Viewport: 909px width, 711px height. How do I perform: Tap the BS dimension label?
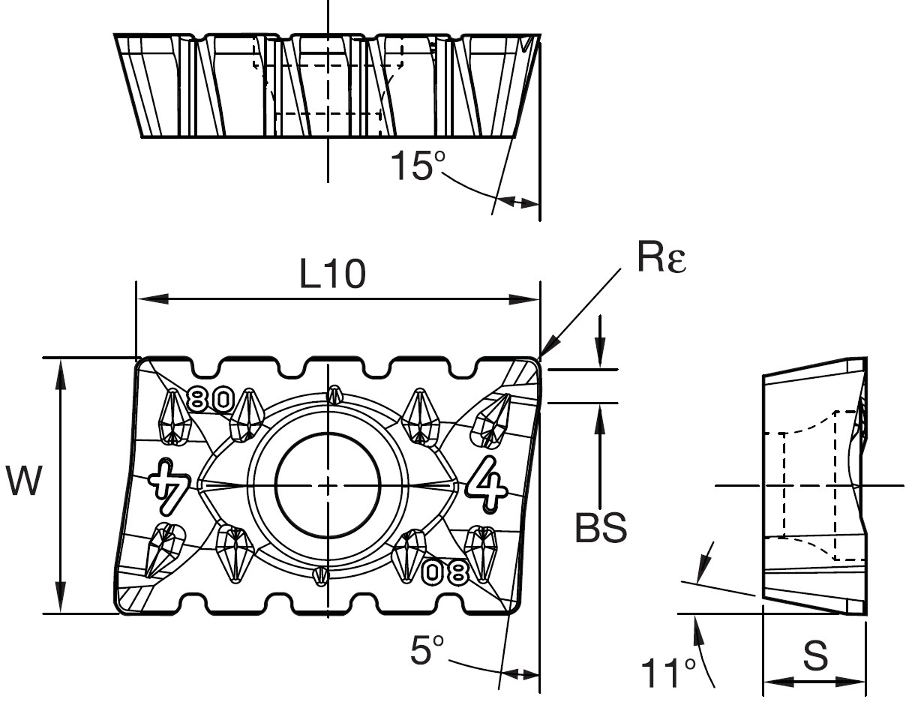pyautogui.click(x=600, y=528)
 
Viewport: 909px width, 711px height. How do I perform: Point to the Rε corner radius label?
pyautogui.click(x=661, y=259)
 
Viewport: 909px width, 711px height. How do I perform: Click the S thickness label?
pyautogui.click(x=815, y=657)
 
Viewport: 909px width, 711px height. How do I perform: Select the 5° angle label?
pyautogui.click(x=428, y=650)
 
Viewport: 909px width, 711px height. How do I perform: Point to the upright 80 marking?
pyautogui.click(x=210, y=399)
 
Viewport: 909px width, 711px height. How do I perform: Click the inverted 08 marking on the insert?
pyautogui.click(x=445, y=572)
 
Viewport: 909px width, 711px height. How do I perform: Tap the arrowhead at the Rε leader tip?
pyautogui.click(x=544, y=353)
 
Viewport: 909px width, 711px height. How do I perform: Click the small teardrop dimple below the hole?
pyautogui.click(x=321, y=574)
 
